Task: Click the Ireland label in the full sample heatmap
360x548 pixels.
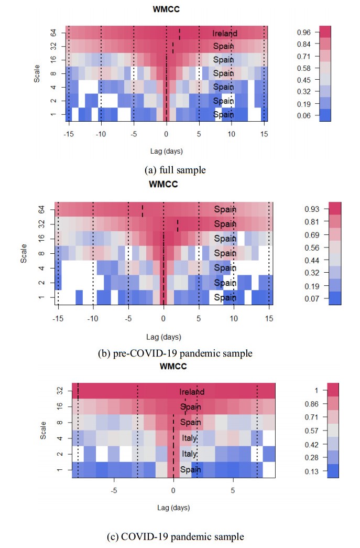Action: [x=225, y=33]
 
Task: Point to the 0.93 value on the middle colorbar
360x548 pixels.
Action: [x=313, y=209]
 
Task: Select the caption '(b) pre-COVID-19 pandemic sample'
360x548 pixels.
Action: [x=176, y=353]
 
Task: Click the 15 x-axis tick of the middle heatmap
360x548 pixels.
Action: [x=269, y=318]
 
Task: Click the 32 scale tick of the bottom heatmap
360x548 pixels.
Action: [x=59, y=391]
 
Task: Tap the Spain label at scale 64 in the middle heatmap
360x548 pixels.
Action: [x=225, y=209]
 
